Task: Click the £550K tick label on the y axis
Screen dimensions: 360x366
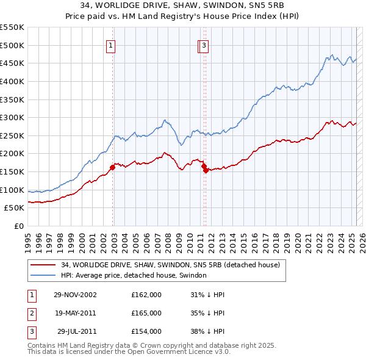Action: point(12,27)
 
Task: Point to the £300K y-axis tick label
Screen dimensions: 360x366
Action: point(12,117)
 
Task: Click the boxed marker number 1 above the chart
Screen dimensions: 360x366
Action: point(111,45)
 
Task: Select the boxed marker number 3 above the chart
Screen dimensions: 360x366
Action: point(204,45)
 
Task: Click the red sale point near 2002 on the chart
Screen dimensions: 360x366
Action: point(112,167)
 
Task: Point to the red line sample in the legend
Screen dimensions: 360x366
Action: point(43,265)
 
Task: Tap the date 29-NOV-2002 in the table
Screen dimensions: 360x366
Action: point(75,295)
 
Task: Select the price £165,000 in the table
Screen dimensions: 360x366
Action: point(146,313)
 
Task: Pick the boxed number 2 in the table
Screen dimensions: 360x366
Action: point(31,313)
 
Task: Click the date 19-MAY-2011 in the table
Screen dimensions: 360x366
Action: point(75,313)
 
